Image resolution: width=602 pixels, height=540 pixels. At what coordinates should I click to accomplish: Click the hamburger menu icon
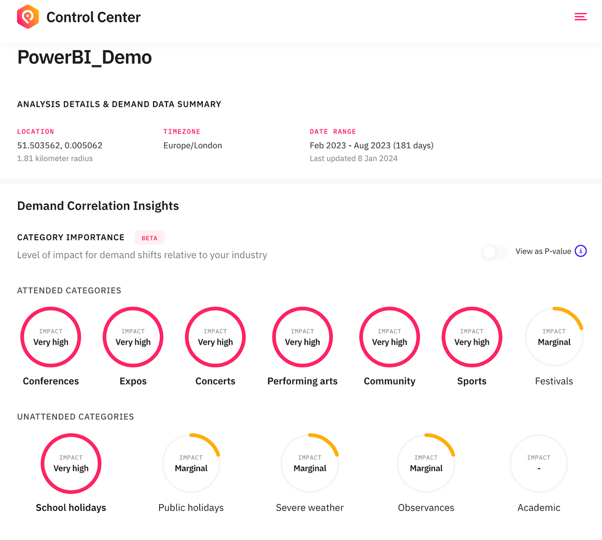580,17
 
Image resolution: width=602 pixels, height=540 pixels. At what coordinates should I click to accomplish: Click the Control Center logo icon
28,17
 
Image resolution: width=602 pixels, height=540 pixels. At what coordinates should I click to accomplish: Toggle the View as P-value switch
494,252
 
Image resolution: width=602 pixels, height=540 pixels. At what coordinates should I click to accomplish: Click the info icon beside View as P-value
580,251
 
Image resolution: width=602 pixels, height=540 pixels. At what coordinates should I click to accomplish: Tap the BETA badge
149,238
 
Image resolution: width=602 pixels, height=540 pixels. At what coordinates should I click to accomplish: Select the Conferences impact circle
51,337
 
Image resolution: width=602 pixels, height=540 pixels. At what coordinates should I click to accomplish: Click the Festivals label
554,381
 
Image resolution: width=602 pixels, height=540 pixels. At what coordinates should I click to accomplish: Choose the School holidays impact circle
71,463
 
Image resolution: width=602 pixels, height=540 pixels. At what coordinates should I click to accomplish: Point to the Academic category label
539,507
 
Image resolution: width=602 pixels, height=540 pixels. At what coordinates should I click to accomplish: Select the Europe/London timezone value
192,145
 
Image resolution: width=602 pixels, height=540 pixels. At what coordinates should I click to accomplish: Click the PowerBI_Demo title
84,57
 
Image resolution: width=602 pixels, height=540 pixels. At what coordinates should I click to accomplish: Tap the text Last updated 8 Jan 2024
353,159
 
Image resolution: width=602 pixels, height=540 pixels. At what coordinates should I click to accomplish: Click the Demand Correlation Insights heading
98,206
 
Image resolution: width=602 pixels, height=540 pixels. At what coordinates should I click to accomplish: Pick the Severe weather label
310,507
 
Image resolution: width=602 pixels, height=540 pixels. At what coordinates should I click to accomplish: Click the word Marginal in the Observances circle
426,468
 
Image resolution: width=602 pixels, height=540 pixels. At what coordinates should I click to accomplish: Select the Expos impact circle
133,337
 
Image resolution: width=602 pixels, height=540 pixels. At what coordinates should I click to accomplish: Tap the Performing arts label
302,381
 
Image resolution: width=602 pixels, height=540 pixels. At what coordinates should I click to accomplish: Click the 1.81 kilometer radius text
55,159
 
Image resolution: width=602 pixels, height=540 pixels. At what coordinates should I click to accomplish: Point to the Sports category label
471,381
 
